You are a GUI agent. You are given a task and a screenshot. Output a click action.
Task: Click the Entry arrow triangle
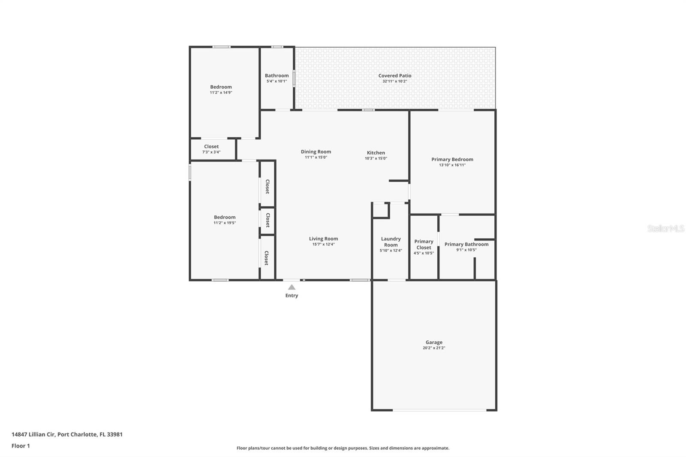tap(292, 287)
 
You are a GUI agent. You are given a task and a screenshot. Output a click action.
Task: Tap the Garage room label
tap(434, 342)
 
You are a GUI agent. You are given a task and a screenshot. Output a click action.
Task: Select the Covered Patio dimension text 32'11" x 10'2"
tap(394, 81)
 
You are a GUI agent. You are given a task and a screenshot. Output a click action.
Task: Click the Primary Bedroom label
tap(452, 159)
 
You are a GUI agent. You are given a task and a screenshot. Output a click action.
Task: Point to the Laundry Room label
tap(391, 242)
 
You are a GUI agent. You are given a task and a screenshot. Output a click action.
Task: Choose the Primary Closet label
tap(424, 244)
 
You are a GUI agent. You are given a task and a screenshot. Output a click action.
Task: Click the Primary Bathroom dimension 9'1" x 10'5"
tap(466, 250)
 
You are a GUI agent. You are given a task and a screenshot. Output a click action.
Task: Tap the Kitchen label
tap(376, 153)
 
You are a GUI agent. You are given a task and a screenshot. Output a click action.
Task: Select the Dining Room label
tap(316, 152)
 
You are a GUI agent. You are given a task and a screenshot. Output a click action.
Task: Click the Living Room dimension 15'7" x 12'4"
tap(323, 244)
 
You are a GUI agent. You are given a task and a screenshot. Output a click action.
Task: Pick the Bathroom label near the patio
tap(277, 75)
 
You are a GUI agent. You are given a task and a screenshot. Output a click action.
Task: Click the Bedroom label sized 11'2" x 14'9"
tap(221, 87)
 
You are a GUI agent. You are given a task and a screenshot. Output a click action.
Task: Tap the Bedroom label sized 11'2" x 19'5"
tap(225, 217)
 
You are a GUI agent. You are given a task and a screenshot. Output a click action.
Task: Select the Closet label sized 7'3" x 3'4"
tap(211, 147)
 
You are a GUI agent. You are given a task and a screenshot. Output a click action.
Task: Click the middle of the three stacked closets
tap(267, 220)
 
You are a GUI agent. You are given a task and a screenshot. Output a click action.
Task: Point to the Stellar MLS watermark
tap(665, 228)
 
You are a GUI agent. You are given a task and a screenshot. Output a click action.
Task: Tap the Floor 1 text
tap(21, 446)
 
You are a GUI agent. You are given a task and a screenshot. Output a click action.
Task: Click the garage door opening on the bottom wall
tap(439, 410)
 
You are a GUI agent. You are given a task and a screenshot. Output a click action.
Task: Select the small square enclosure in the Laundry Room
tap(380, 210)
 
